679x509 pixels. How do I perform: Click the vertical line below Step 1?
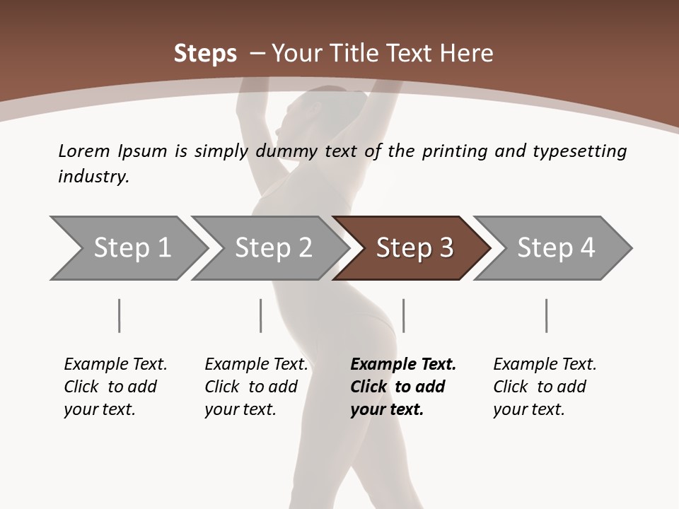click(119, 315)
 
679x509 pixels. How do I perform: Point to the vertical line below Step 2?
click(261, 315)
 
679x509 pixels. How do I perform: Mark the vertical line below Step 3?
click(403, 315)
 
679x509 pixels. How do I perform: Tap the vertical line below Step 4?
click(546, 315)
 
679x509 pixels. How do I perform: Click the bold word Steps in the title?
click(205, 54)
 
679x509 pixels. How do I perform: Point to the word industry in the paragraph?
click(93, 177)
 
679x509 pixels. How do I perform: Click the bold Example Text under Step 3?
click(403, 365)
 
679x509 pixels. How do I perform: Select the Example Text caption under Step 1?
click(115, 365)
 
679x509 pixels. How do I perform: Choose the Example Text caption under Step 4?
click(545, 365)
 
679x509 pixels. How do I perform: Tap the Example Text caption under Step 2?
click(256, 365)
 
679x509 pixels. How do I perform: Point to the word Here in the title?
click(465, 54)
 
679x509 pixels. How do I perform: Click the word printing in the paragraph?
click(455, 151)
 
